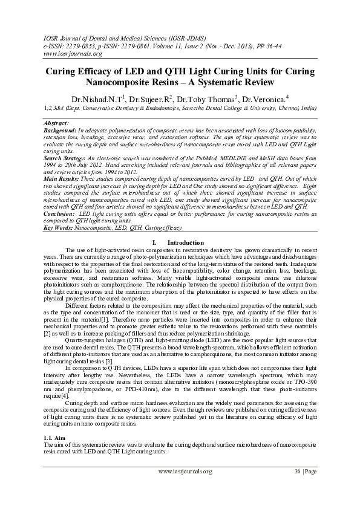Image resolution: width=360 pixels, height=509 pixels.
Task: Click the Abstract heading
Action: point(59,122)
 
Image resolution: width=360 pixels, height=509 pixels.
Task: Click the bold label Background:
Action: point(61,130)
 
